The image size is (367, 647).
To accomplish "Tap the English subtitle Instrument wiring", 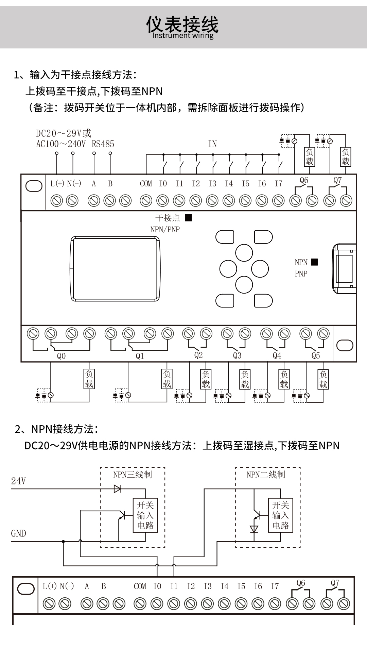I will [182, 35].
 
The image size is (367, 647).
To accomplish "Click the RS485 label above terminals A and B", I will [103, 144].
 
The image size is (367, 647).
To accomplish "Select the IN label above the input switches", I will [212, 144].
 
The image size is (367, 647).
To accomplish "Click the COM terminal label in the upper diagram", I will [146, 184].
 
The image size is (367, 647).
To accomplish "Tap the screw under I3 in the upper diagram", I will [212, 201].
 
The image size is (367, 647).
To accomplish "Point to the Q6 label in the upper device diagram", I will [304, 180].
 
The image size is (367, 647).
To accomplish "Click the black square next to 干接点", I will [188, 218].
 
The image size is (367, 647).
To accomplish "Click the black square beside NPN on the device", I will [314, 262].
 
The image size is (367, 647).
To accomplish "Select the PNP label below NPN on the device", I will [301, 273].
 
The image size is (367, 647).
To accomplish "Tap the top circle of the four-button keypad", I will [244, 253].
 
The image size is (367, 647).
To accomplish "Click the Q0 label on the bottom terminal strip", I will [61, 356].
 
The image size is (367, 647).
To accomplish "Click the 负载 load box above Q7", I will [346, 157].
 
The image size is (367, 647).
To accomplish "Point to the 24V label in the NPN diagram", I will [18, 481].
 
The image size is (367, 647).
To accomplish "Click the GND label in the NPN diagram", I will [18, 533].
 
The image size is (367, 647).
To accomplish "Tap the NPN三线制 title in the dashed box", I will [133, 475].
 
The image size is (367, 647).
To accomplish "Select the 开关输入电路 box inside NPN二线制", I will [280, 515].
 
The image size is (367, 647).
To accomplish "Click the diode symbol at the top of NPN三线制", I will [118, 489].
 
